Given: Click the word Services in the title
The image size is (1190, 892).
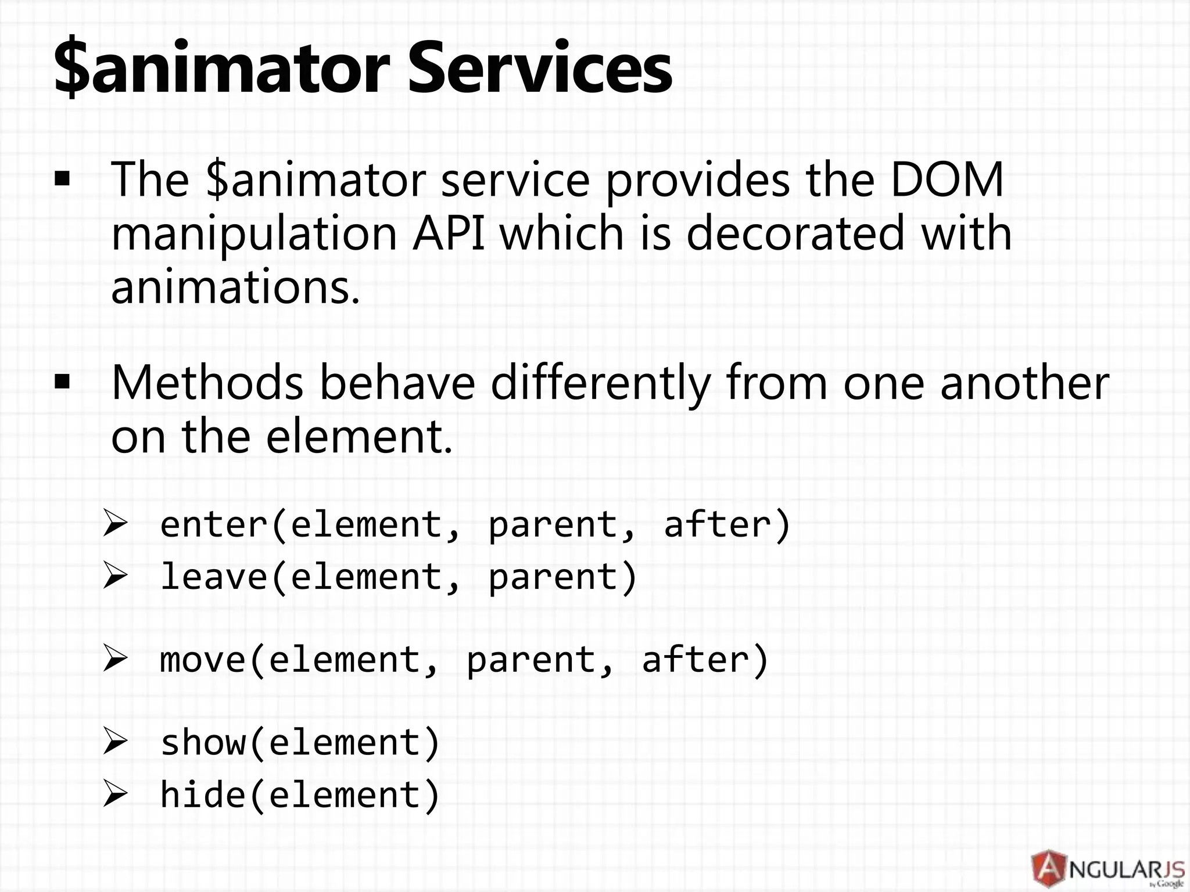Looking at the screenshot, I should (x=539, y=69).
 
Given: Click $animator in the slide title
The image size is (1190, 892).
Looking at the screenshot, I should (x=221, y=69).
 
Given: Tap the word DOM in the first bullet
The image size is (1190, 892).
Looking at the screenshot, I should (x=947, y=180).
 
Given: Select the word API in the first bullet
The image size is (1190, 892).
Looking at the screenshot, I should (x=448, y=233).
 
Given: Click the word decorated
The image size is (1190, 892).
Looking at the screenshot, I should (x=795, y=233).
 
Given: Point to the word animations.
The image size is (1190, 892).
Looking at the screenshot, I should (x=235, y=287).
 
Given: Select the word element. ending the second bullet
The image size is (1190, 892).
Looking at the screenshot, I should (x=359, y=437).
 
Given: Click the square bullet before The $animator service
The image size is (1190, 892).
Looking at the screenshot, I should (x=62, y=180).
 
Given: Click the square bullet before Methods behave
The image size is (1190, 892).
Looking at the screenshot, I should (x=62, y=383).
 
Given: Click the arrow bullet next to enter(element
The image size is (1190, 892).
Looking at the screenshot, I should (x=114, y=524).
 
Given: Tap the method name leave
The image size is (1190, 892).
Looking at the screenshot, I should (x=213, y=577).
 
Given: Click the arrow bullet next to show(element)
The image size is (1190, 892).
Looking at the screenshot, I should (x=114, y=742).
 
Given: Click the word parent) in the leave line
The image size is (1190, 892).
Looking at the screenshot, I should (x=562, y=578).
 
